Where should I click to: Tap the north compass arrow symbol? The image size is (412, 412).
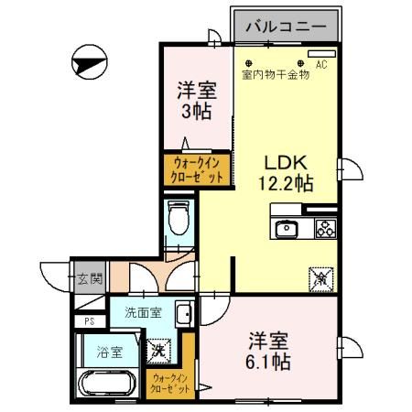coord(85,64)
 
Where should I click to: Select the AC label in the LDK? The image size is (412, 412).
coord(321,65)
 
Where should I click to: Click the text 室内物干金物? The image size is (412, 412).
coord(276,75)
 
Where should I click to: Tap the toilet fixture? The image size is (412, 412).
coord(179,218)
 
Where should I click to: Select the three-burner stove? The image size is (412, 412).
coord(324,229)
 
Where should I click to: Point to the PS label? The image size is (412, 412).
coord(89,321)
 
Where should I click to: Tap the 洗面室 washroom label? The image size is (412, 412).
coord(144,312)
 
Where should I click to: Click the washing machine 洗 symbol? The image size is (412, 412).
coord(157,349)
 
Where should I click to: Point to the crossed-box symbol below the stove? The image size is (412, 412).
coord(322,276)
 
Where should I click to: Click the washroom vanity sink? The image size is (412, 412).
coord(183,312)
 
